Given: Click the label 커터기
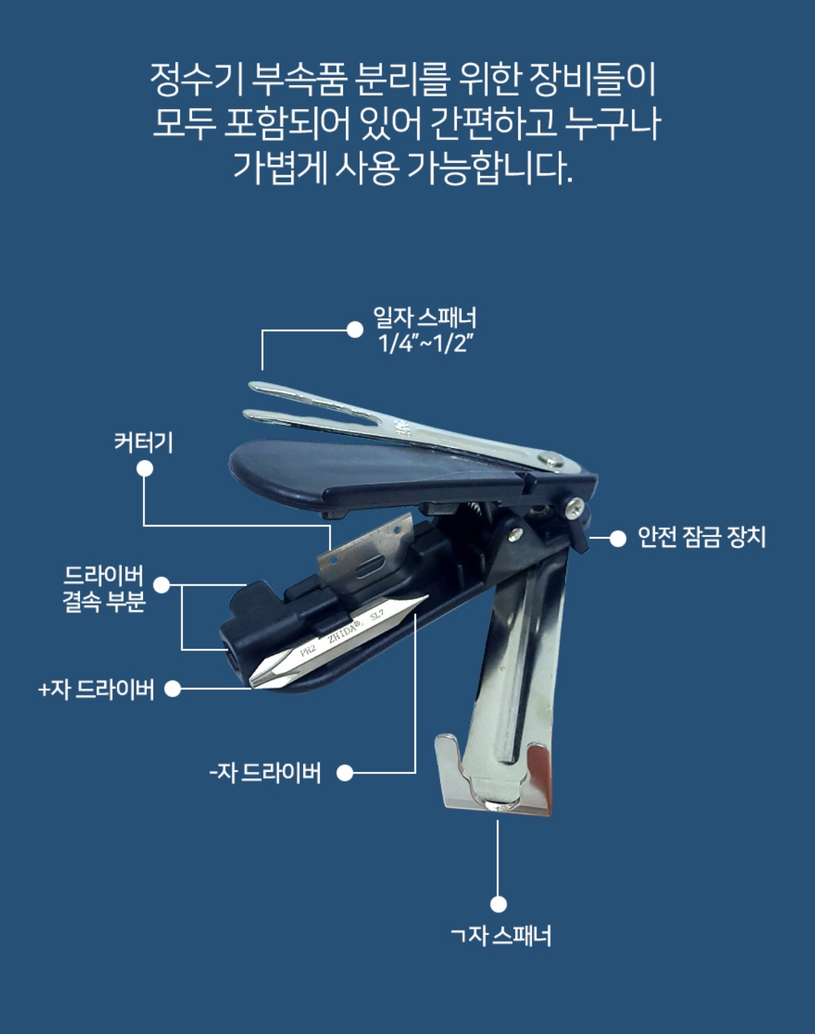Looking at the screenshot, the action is (x=143, y=443).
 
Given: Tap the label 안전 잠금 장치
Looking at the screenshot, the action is (x=701, y=537).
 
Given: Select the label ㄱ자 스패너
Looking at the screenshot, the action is (x=501, y=936).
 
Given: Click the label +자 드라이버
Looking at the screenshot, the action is (x=96, y=689).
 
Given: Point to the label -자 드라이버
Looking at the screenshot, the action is (x=265, y=773).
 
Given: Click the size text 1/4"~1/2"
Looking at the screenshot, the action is (x=425, y=344).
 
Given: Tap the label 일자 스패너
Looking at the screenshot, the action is (x=425, y=318).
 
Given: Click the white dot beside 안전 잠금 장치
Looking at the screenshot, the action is (x=618, y=538).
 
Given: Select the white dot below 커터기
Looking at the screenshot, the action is (x=145, y=468).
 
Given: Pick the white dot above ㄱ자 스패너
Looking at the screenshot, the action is (x=498, y=904).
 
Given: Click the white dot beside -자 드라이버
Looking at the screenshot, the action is (x=344, y=773).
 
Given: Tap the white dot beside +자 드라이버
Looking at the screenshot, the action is (x=173, y=689).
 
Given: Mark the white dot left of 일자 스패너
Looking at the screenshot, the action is (x=355, y=330).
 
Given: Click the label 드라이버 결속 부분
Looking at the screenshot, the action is (x=103, y=589).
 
